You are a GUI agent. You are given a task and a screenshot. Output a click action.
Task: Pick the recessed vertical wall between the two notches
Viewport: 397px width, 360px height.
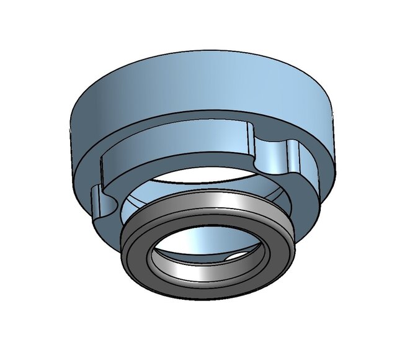[180, 152]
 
